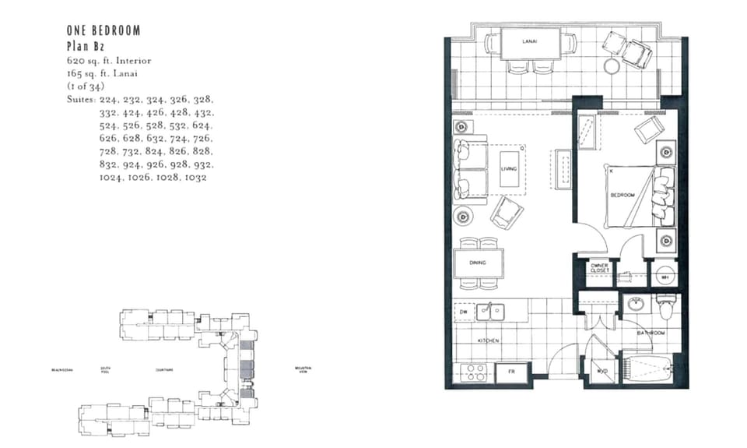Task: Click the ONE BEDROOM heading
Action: (103, 31)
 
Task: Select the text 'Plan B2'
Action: (84, 46)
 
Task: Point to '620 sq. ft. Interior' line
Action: (109, 60)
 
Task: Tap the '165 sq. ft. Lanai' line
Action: (103, 72)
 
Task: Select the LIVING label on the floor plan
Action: (508, 168)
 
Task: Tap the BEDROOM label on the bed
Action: (622, 195)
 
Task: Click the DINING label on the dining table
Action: (478, 263)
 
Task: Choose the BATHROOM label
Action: (651, 333)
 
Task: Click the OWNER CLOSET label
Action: (599, 268)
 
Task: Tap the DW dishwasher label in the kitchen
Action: (463, 312)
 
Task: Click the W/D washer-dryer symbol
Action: (601, 372)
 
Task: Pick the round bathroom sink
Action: (637, 305)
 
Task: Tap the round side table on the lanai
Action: (613, 66)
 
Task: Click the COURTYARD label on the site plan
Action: (164, 370)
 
